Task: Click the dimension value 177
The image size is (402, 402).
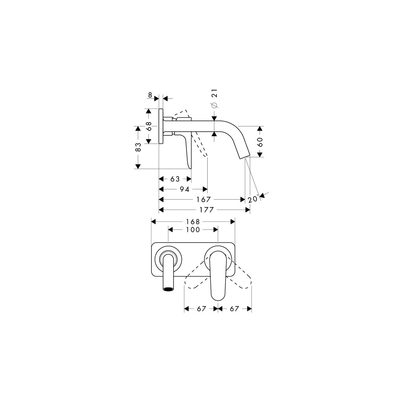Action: pyautogui.click(x=207, y=210)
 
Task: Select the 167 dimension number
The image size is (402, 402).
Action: pyautogui.click(x=203, y=200)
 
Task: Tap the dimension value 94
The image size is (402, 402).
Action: pyautogui.click(x=185, y=189)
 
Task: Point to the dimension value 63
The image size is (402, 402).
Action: pyautogui.click(x=175, y=179)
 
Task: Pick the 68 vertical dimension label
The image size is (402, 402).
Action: pyautogui.click(x=149, y=126)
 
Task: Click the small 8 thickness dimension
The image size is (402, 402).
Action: pyautogui.click(x=150, y=95)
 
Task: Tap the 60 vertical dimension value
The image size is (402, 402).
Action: pyautogui.click(x=260, y=142)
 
